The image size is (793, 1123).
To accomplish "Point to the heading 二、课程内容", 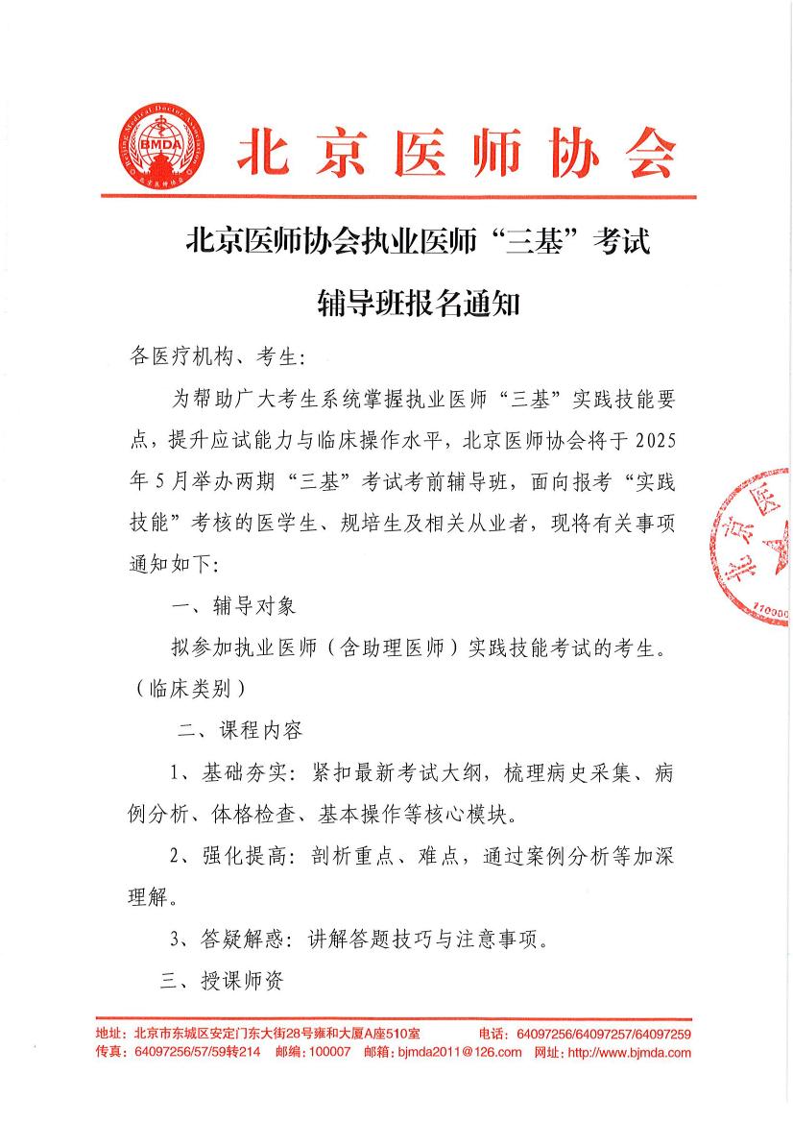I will (x=241, y=729).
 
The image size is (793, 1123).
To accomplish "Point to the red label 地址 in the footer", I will (x=110, y=1034).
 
